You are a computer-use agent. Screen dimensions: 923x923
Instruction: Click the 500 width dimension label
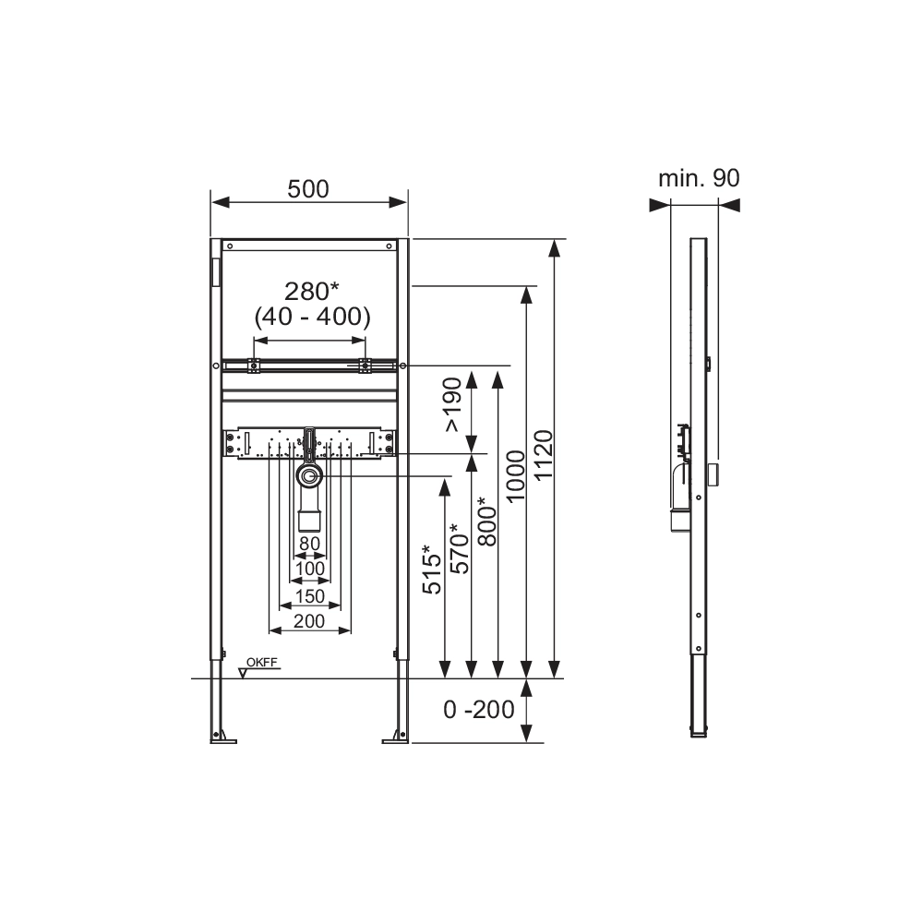pyautogui.click(x=308, y=189)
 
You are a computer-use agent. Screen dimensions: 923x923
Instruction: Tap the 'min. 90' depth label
pyautogui.click(x=699, y=178)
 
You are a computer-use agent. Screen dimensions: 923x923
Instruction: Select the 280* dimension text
pyautogui.click(x=312, y=291)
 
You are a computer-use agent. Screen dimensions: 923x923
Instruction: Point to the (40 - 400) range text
pyautogui.click(x=313, y=317)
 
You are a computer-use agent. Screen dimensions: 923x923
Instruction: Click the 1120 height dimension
pyautogui.click(x=544, y=455)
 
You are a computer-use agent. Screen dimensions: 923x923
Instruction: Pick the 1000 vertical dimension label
pyautogui.click(x=516, y=476)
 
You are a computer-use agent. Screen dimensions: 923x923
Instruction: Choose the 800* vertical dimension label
pyautogui.click(x=487, y=521)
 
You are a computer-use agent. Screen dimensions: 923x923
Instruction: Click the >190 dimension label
pyautogui.click(x=453, y=405)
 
